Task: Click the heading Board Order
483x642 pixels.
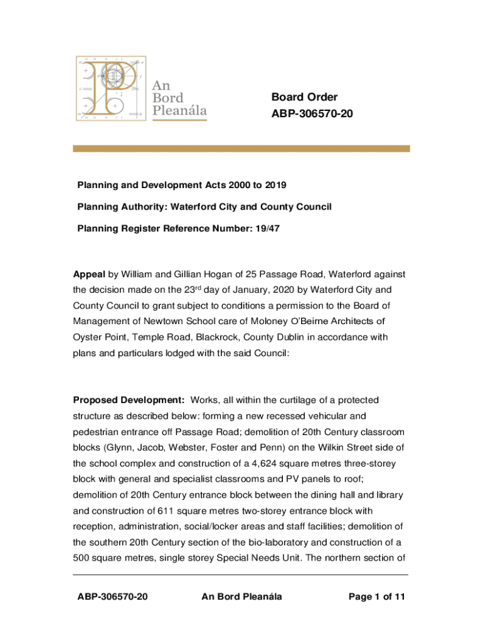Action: point(304,97)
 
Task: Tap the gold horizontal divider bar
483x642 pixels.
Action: point(241,149)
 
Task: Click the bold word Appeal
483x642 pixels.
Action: point(90,274)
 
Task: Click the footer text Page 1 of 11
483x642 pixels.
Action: point(376,596)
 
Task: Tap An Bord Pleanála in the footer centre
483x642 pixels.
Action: point(242,596)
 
